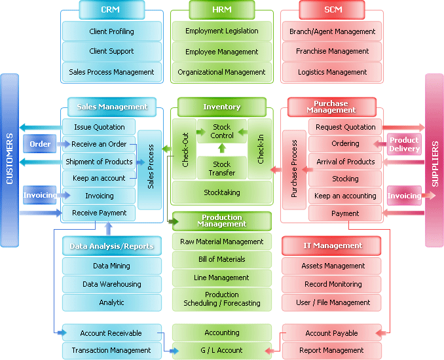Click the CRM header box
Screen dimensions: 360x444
(x=111, y=10)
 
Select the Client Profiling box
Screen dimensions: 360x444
(x=111, y=31)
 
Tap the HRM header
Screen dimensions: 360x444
(x=221, y=10)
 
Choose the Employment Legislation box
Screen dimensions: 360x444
(x=221, y=31)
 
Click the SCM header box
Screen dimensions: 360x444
(x=331, y=10)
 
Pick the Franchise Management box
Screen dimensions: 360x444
(x=332, y=51)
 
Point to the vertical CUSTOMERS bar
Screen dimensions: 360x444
(x=10, y=160)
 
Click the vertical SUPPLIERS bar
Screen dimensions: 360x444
(x=434, y=160)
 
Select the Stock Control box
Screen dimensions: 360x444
(x=221, y=132)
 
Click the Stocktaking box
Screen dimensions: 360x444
(x=221, y=192)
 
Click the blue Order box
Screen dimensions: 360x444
(x=40, y=144)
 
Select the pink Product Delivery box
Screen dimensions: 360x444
(x=404, y=144)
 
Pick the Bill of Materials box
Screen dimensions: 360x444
(x=221, y=259)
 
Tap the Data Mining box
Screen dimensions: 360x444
(x=111, y=266)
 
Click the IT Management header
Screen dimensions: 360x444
(x=332, y=245)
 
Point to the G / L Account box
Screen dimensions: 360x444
(x=221, y=350)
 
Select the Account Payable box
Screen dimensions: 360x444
(x=332, y=333)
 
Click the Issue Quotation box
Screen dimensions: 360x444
(x=99, y=127)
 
